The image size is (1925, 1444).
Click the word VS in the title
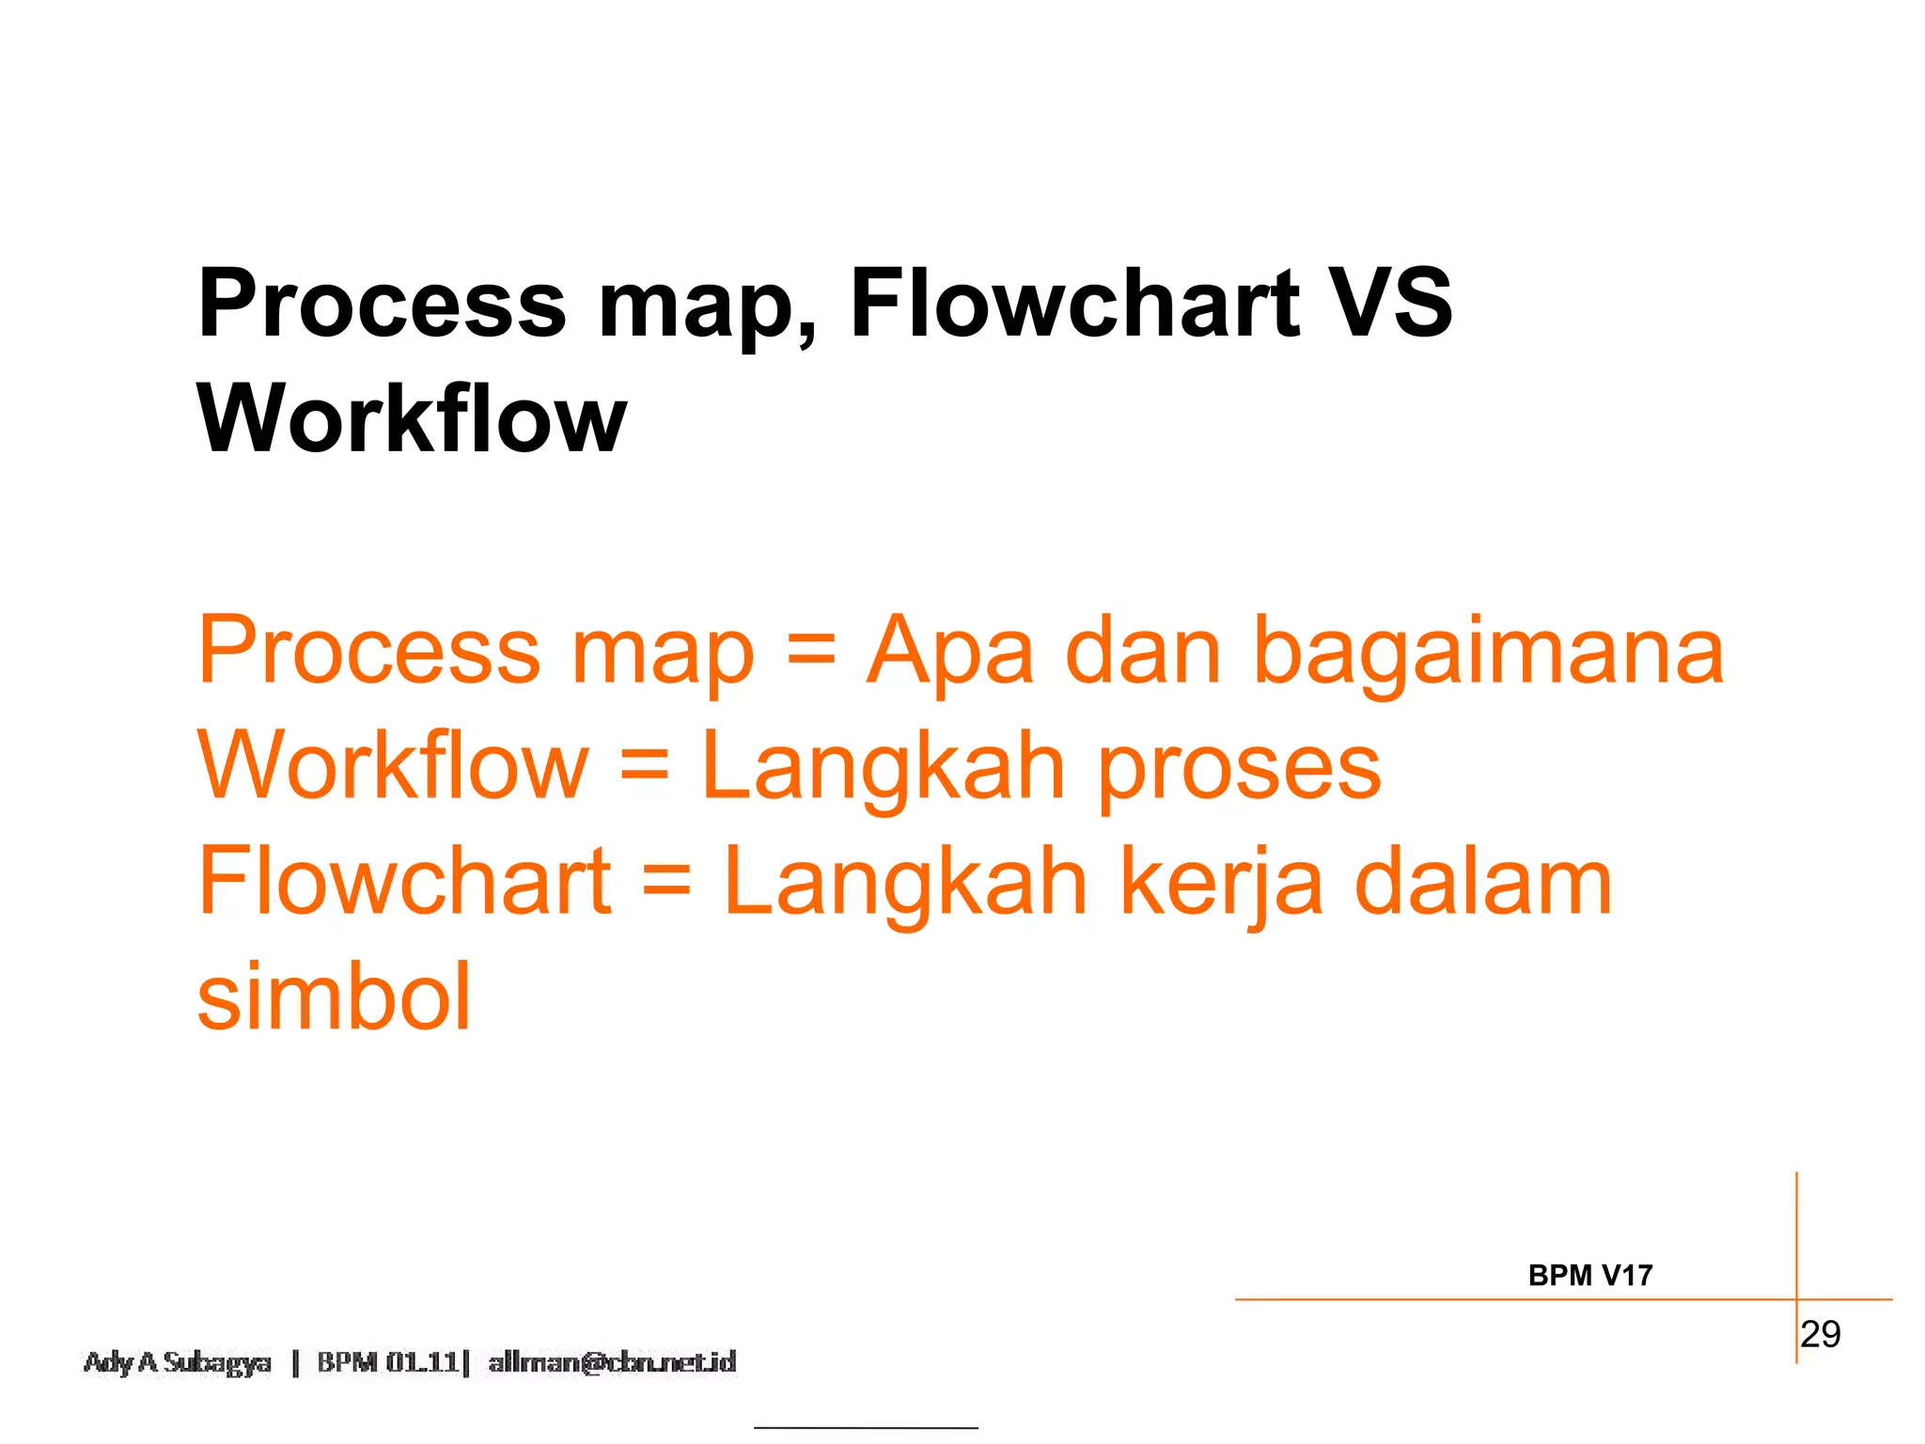click(x=1393, y=303)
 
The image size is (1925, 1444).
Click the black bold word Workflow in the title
click(x=412, y=418)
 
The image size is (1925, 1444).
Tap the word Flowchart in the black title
click(x=1074, y=303)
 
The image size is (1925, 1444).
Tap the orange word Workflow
click(x=393, y=766)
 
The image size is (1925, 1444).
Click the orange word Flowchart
click(x=405, y=881)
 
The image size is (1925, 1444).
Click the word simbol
click(x=334, y=997)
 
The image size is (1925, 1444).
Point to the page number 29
click(x=1821, y=1334)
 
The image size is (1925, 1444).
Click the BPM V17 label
click(x=1590, y=1276)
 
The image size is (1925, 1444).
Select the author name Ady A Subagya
click(x=178, y=1362)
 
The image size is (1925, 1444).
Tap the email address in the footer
click(x=612, y=1362)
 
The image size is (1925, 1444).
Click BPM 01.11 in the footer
click(x=387, y=1362)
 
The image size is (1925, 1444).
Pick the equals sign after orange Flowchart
click(x=666, y=881)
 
